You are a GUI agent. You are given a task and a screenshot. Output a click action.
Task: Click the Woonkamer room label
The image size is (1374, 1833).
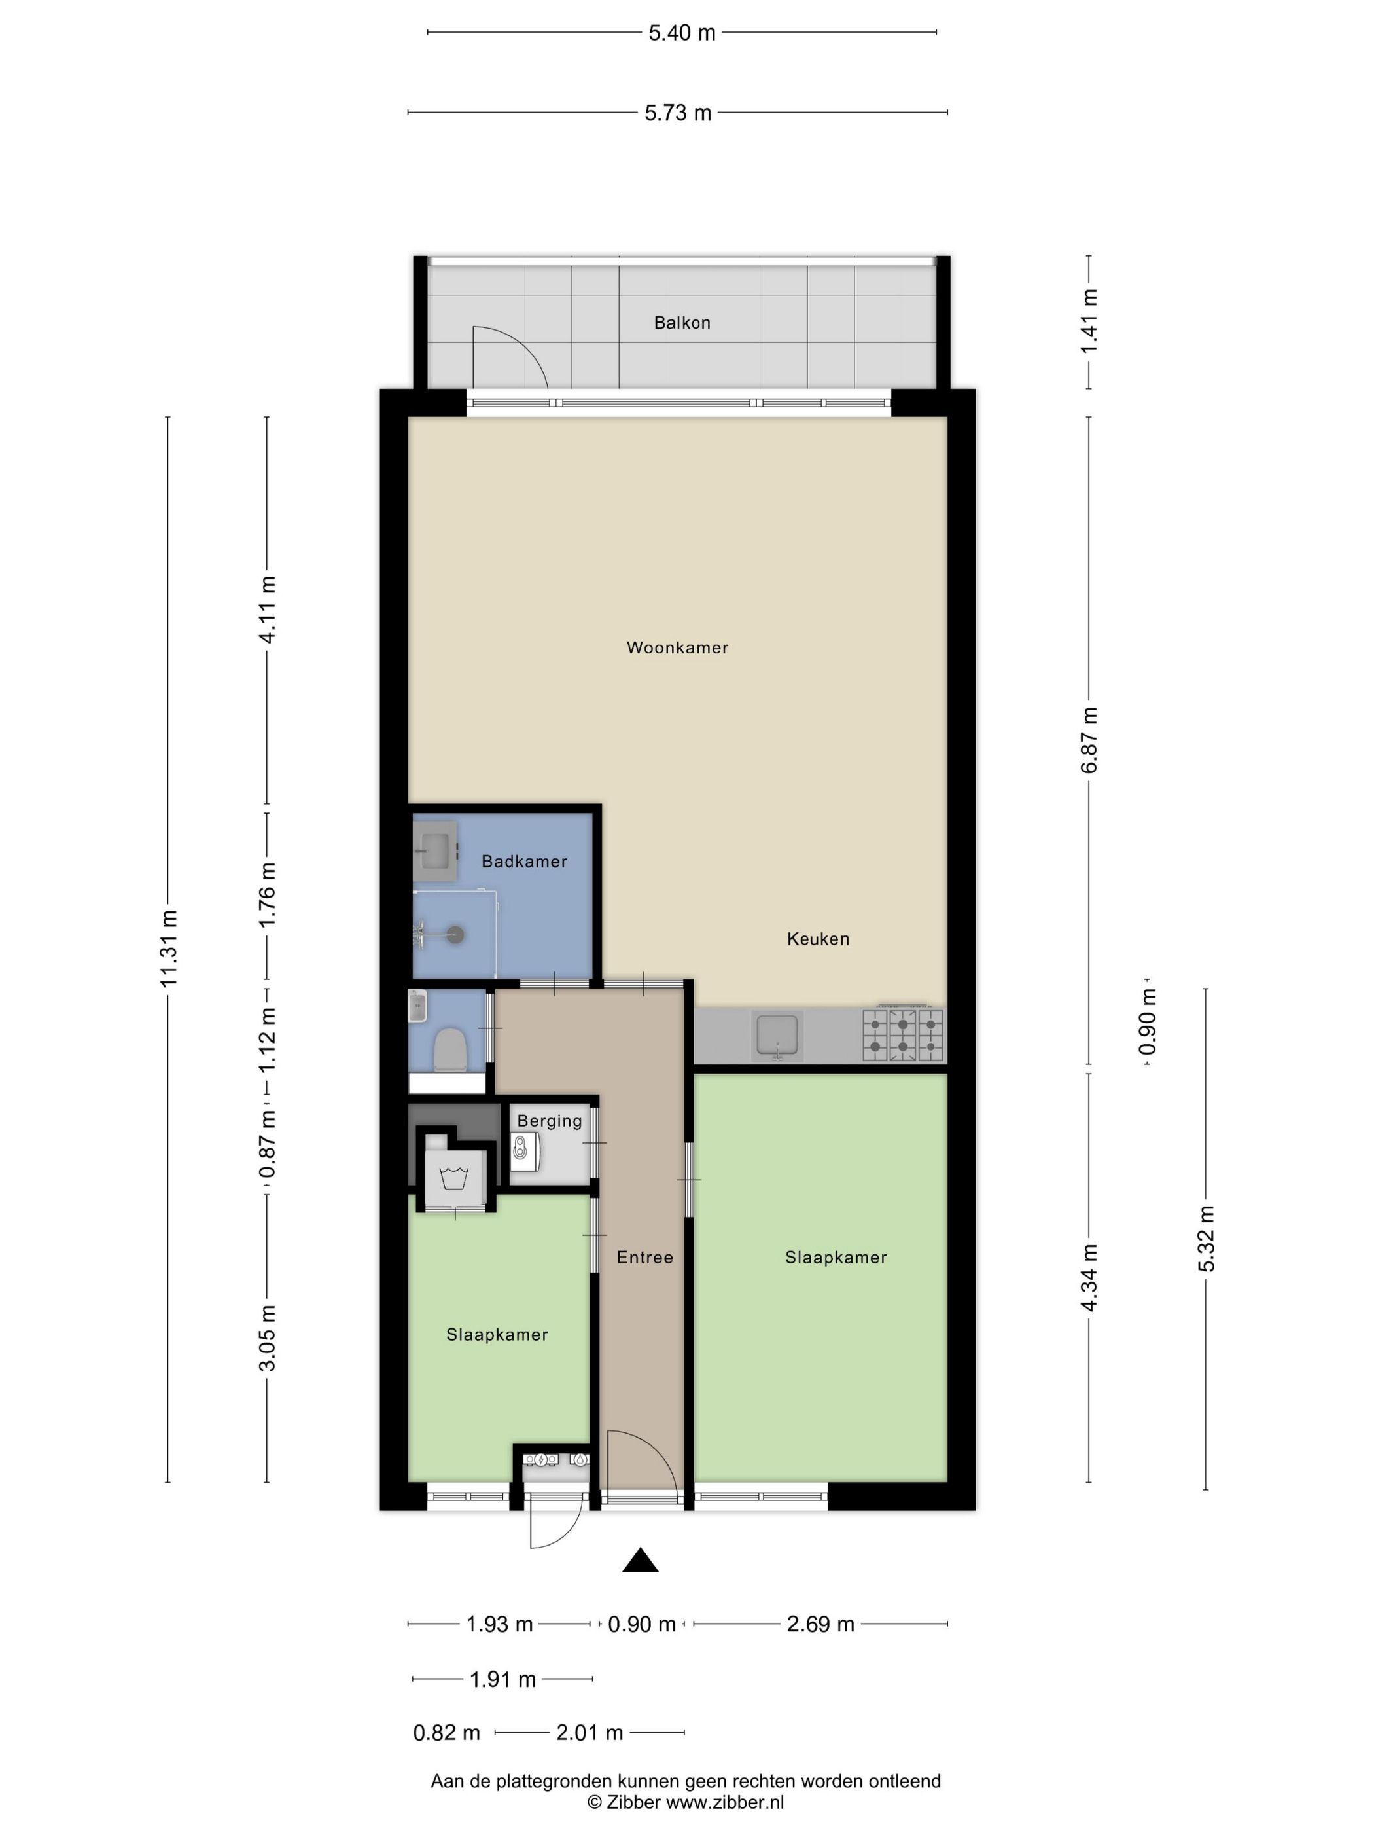click(x=677, y=647)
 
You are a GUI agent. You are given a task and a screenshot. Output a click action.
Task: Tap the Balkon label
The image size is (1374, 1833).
click(x=682, y=322)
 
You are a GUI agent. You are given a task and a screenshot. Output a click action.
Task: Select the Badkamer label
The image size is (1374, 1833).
click(x=524, y=861)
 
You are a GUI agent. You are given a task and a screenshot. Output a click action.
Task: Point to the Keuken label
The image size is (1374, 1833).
click(x=817, y=938)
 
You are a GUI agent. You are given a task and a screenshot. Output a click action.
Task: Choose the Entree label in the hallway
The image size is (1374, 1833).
click(x=644, y=1257)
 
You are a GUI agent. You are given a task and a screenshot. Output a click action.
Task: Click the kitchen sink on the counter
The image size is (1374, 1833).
click(x=777, y=1036)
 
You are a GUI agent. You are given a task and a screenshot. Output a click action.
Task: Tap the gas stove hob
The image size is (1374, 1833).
click(x=903, y=1035)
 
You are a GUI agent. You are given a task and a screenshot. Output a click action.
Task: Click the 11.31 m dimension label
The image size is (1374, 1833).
click(x=169, y=948)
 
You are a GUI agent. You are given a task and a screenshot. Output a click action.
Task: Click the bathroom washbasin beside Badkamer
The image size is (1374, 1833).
click(x=435, y=851)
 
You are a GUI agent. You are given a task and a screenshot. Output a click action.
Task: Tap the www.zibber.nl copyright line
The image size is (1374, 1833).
click(x=686, y=1802)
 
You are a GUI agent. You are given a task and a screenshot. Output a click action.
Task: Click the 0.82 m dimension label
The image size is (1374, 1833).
click(x=446, y=1732)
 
